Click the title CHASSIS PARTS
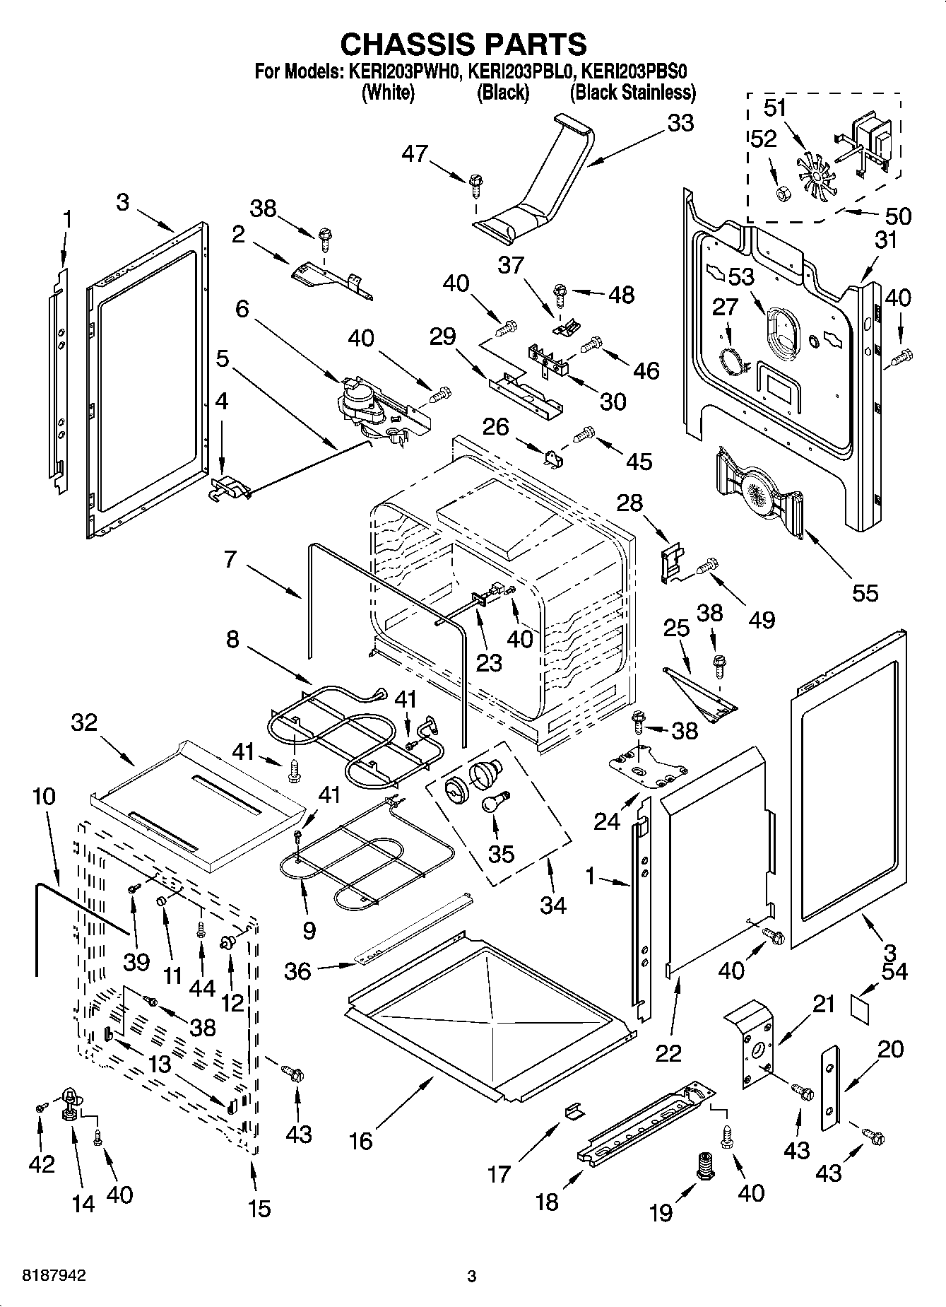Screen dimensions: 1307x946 coord(463,44)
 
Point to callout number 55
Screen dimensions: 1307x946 coord(864,592)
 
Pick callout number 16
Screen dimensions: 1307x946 coord(360,1140)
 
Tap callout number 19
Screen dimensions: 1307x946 coord(661,1212)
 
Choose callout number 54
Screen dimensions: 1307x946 coord(894,972)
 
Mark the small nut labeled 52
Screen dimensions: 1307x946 coord(782,192)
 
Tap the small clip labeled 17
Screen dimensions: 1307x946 coord(575,1110)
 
